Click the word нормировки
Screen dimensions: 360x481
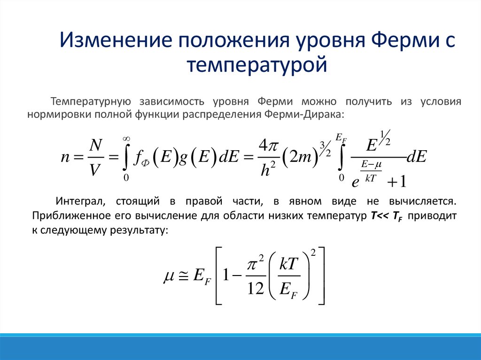coord(60,115)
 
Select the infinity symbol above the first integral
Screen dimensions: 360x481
coord(126,138)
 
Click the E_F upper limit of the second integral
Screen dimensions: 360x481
coord(341,138)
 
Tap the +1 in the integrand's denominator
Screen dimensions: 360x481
coord(397,181)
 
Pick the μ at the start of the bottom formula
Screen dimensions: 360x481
coord(169,278)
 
